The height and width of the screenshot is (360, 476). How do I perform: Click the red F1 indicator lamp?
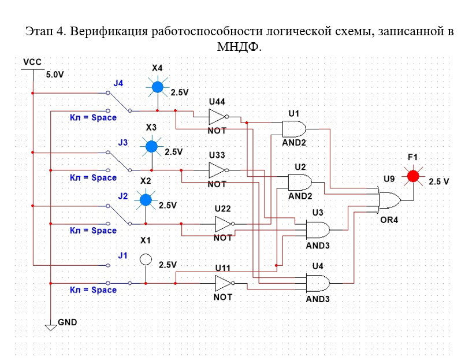tap(412, 176)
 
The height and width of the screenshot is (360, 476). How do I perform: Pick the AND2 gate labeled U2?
tap(300, 183)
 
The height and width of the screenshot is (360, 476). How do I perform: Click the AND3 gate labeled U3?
tap(318, 230)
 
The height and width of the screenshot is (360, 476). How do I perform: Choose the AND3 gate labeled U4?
tap(318, 283)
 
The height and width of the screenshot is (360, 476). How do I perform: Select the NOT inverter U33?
tap(218, 170)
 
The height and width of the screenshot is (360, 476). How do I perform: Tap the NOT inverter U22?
tap(224, 224)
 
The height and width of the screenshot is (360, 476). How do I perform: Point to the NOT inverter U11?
tap(224, 283)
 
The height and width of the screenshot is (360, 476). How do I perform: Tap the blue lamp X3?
tap(151, 146)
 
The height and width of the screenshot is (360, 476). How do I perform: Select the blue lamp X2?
tap(146, 200)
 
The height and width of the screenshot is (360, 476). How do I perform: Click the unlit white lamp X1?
tap(146, 259)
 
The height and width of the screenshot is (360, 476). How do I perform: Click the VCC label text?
tap(32, 62)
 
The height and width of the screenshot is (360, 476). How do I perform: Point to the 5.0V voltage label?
tap(54, 75)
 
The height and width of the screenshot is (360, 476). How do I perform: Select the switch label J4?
tap(118, 83)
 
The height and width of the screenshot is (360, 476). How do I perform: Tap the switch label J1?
tap(122, 255)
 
